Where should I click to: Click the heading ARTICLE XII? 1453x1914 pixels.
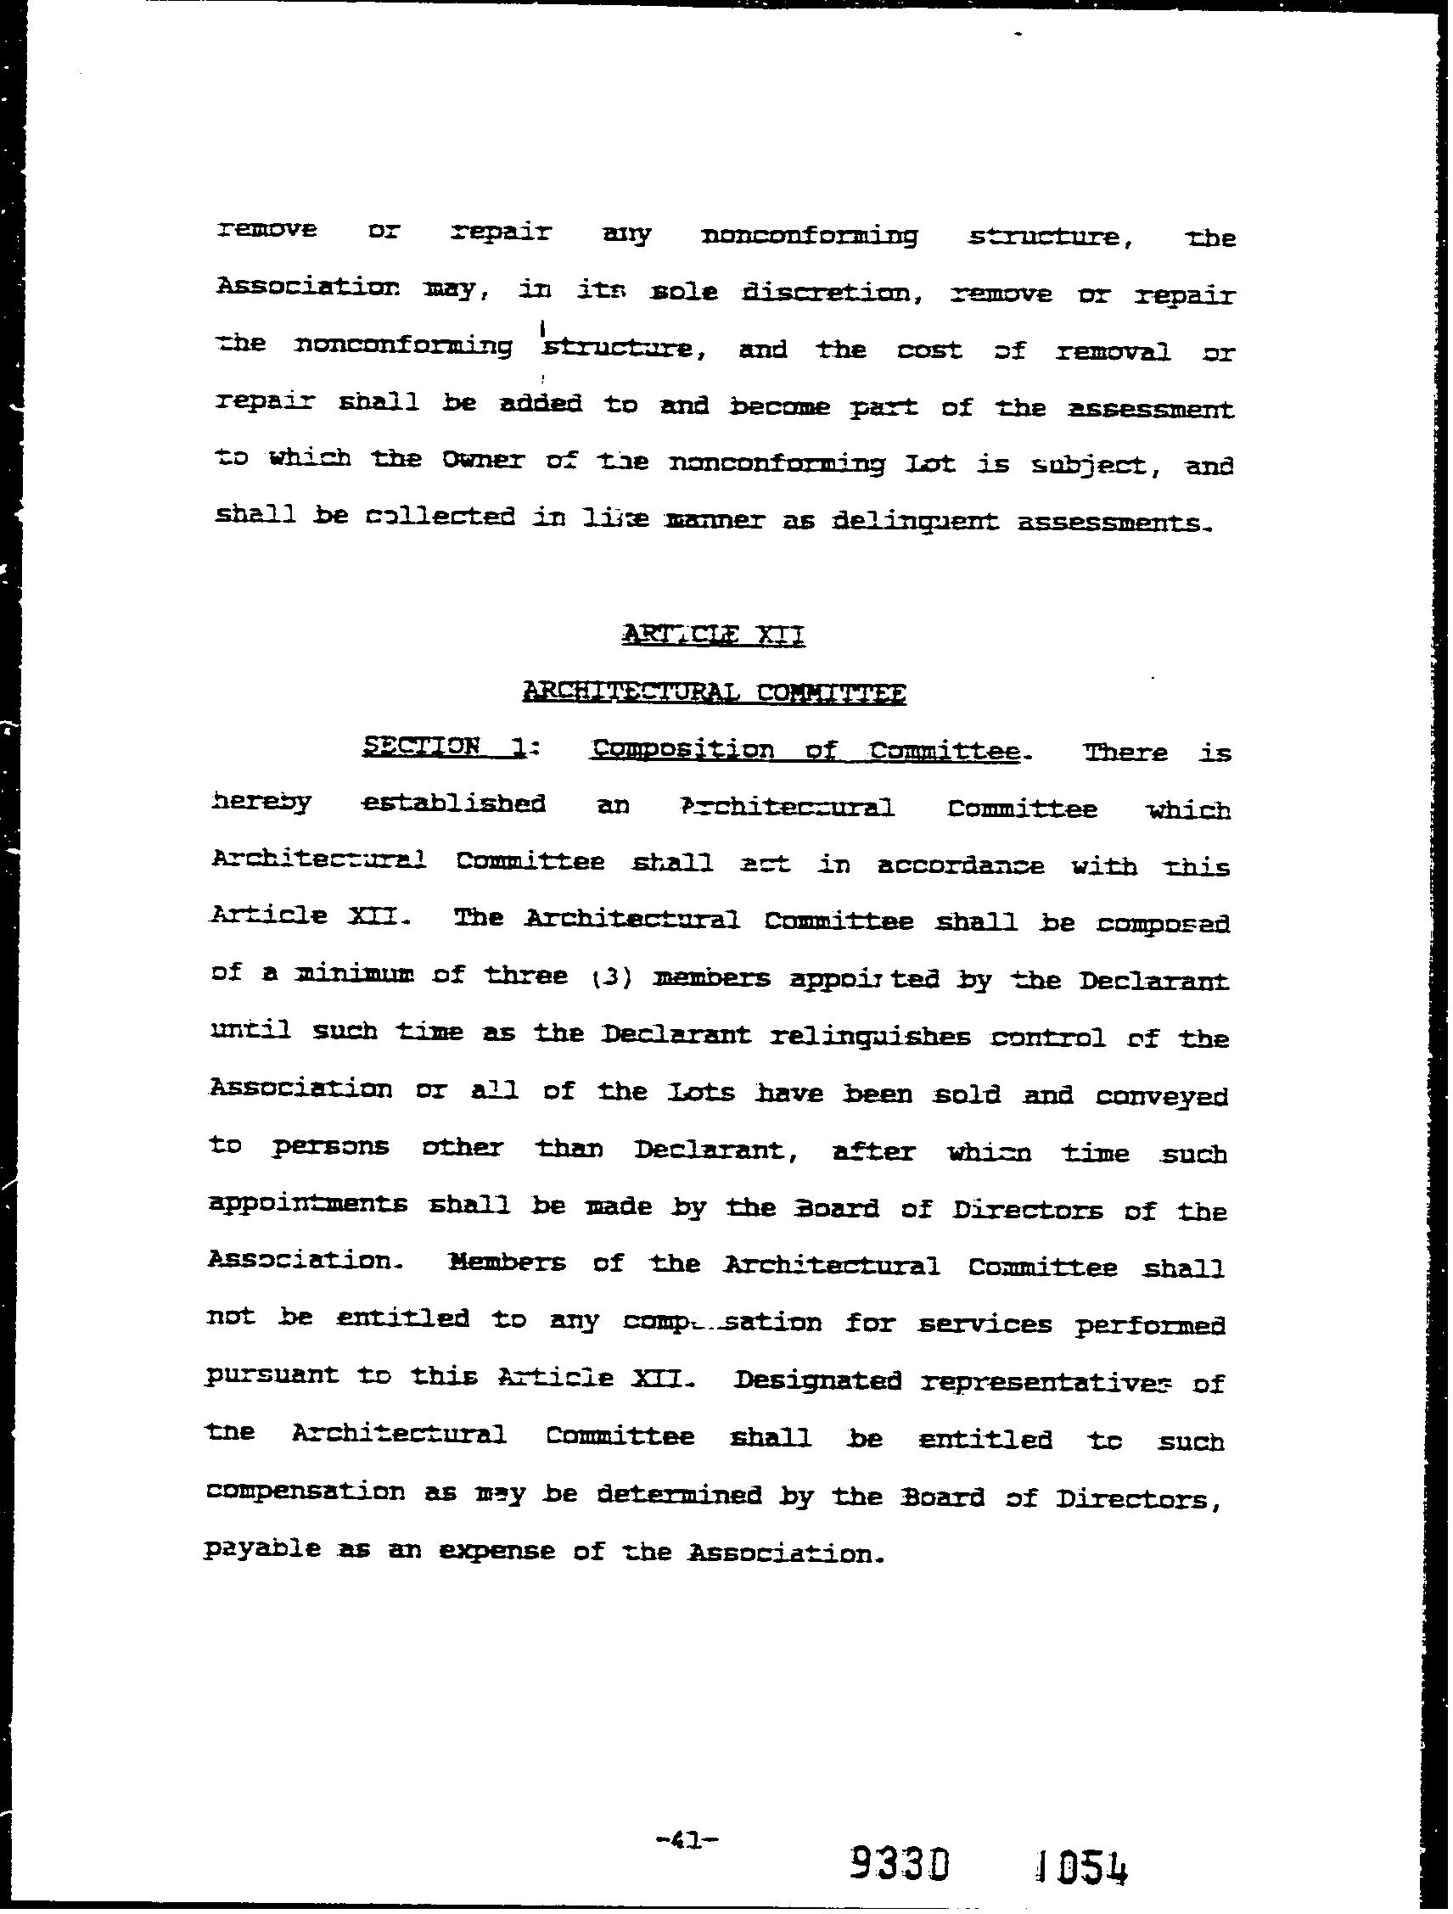click(x=713, y=636)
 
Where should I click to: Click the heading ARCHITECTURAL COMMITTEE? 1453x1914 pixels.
click(x=714, y=692)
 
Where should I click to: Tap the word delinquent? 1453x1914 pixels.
click(x=914, y=522)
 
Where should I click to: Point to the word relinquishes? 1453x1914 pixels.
click(x=870, y=1036)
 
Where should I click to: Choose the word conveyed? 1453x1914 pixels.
click(x=1161, y=1096)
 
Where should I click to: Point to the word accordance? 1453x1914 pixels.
click(x=961, y=865)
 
